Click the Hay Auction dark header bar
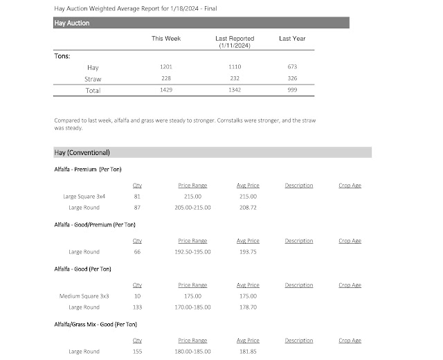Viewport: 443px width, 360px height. click(201, 23)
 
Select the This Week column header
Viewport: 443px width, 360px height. click(166, 39)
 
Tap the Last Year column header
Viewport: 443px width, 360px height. click(291, 39)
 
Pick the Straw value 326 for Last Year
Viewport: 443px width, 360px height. click(291, 79)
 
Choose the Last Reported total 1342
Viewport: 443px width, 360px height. click(235, 91)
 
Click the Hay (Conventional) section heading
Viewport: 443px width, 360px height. click(82, 152)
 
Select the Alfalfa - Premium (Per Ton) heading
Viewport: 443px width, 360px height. click(88, 169)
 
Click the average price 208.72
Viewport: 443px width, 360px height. click(247, 208)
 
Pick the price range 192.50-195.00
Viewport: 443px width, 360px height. click(194, 252)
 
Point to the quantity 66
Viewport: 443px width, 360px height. click(137, 252)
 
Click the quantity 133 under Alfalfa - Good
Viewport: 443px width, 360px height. click(137, 307)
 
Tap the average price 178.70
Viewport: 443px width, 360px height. click(247, 307)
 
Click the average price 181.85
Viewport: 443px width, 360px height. click(247, 352)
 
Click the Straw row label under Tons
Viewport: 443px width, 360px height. click(93, 79)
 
